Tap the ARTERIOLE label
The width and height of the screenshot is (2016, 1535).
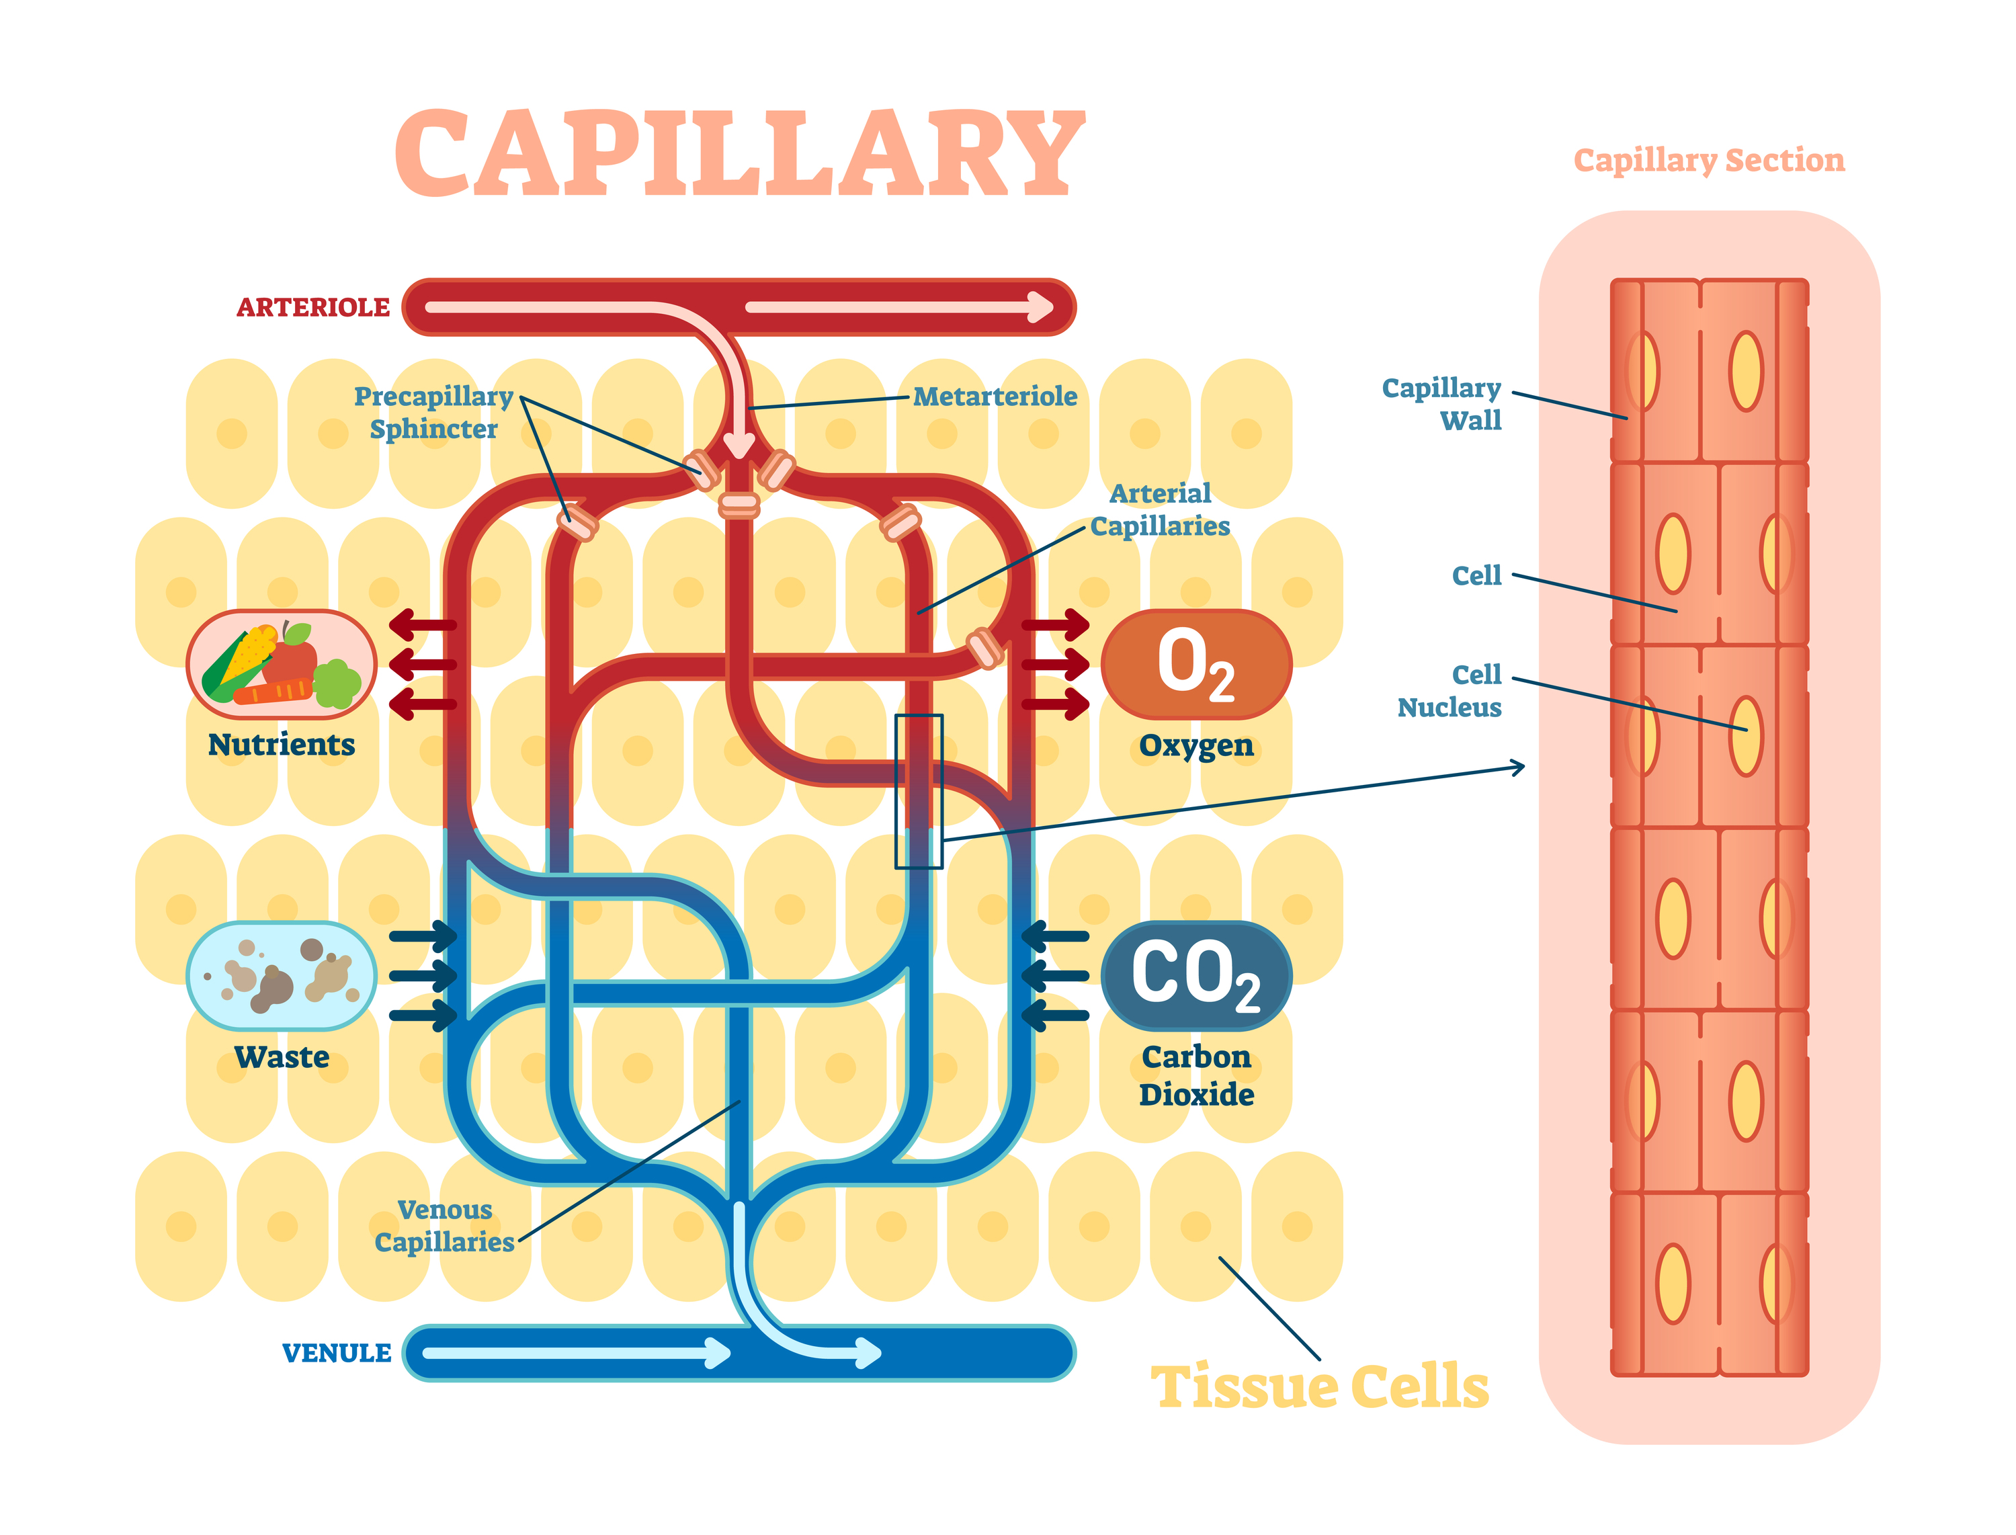(x=312, y=307)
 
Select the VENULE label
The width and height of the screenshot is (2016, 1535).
(x=336, y=1352)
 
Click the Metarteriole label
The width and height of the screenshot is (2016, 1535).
(x=995, y=397)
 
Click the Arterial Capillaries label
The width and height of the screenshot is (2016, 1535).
(x=1159, y=510)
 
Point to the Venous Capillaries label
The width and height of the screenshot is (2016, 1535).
(x=445, y=1225)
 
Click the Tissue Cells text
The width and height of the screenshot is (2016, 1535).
(x=1319, y=1387)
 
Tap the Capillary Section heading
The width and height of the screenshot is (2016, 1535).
(x=1708, y=160)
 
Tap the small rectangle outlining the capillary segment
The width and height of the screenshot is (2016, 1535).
(x=918, y=791)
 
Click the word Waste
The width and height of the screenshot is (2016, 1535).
(x=282, y=1057)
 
